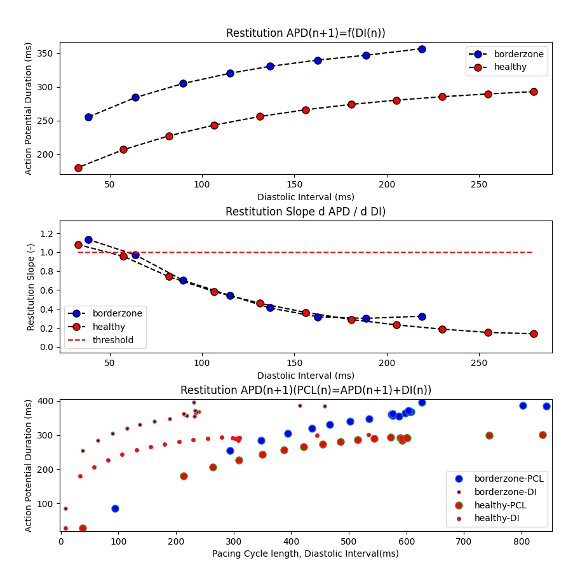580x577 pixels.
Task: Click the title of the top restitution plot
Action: coord(306,33)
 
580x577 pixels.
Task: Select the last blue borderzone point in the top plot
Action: coord(422,49)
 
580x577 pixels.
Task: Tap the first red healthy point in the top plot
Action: coord(78,168)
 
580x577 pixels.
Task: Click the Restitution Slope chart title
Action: coord(306,212)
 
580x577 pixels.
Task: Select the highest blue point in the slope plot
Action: coord(88,240)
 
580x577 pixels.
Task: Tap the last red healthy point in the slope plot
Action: coord(534,334)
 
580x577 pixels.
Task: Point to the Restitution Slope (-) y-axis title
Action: coord(30,287)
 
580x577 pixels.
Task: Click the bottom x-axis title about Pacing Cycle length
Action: coord(306,553)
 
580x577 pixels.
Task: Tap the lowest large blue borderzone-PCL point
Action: coord(115,508)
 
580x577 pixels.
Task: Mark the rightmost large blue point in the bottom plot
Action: coord(546,406)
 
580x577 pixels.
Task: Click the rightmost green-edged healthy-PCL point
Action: coord(543,435)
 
